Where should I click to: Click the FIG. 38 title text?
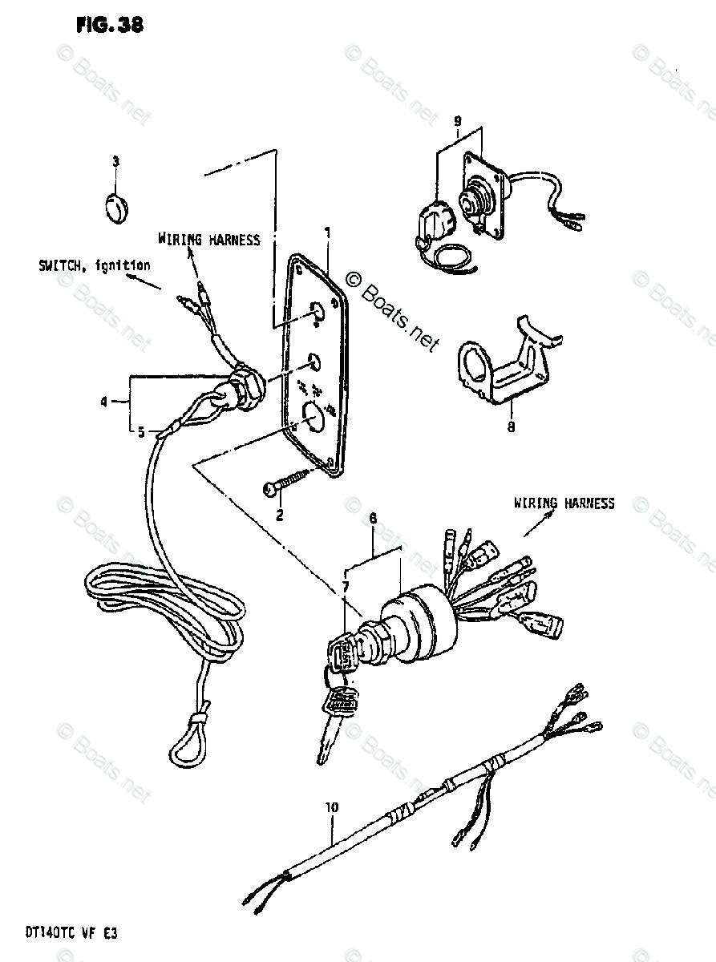pos(109,24)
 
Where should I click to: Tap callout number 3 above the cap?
pos(115,162)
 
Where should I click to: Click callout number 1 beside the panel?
pos(326,232)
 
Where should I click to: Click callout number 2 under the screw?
pos(280,515)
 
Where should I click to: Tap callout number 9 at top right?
pos(458,121)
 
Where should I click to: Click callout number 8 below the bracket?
pos(510,427)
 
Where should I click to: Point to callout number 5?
pos(140,432)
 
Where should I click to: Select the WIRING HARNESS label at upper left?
pos(208,239)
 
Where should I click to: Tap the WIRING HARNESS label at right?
pos(564,503)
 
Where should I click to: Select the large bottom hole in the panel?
pos(312,415)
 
